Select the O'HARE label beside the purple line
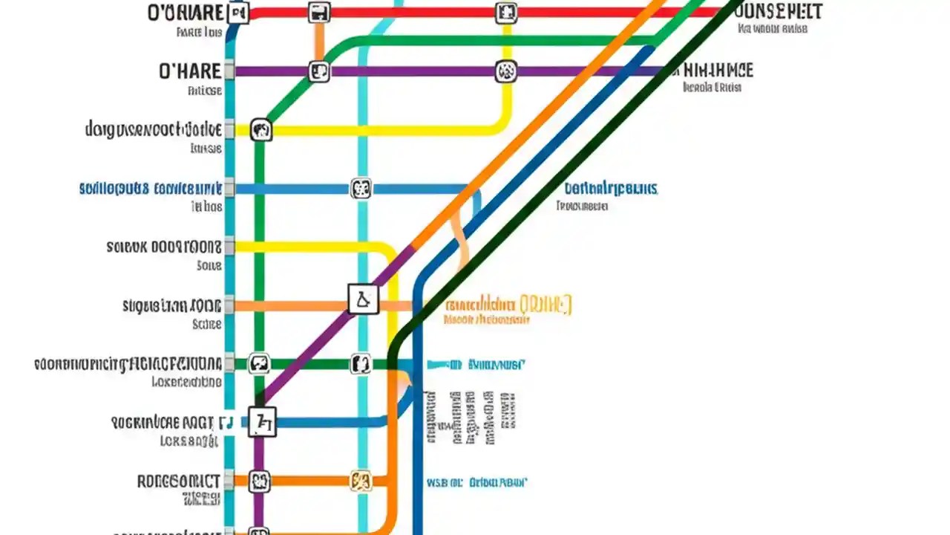[189, 71]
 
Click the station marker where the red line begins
[237, 13]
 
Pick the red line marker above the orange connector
[318, 13]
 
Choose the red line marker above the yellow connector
[505, 13]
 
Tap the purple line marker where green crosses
[318, 72]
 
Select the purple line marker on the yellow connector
[505, 72]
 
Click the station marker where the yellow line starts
[261, 131]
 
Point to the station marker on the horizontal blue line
[361, 189]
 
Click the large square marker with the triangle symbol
[363, 299]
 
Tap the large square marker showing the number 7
[262, 422]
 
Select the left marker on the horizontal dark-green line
[258, 364]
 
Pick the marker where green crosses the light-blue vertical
[361, 364]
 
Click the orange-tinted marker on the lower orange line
[361, 481]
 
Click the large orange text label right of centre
[508, 304]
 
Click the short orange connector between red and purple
[318, 42]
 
